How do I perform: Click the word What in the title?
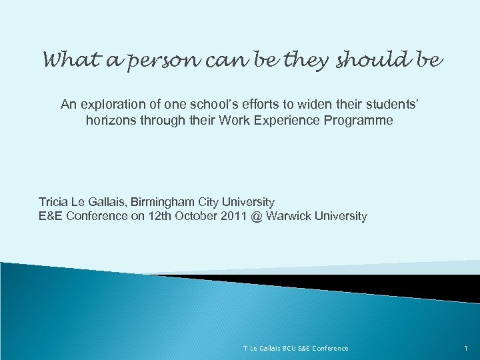tap(66, 61)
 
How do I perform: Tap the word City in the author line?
tap(213, 201)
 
